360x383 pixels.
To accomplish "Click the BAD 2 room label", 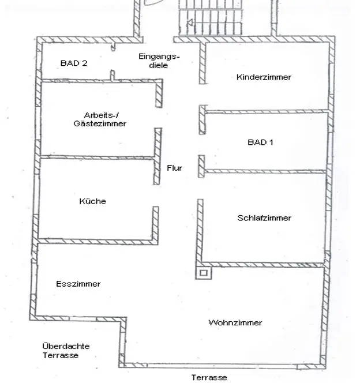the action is coord(74,63).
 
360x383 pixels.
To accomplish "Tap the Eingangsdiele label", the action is coord(159,61).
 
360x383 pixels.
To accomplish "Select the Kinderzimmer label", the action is coord(264,77).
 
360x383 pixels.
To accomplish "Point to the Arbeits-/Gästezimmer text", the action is coord(100,119).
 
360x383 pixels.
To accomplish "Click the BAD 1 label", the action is coord(260,142).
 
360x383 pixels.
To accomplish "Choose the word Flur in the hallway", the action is coord(174,168).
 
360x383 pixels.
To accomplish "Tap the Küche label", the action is coord(92,201).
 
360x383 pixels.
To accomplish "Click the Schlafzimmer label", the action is coord(264,218).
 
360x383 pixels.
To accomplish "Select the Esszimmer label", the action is coord(78,284).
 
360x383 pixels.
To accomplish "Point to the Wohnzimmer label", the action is coord(235,322).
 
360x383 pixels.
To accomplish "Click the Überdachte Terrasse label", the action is coord(66,351).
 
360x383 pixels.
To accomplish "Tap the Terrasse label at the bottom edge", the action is coord(209,377).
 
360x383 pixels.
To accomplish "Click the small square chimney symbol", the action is coord(204,273).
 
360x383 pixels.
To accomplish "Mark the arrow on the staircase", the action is coord(190,23).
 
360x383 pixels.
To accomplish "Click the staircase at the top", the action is coord(211,17).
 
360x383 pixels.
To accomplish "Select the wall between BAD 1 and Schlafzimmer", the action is coord(265,171).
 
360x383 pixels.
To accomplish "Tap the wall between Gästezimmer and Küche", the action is coord(97,157).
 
